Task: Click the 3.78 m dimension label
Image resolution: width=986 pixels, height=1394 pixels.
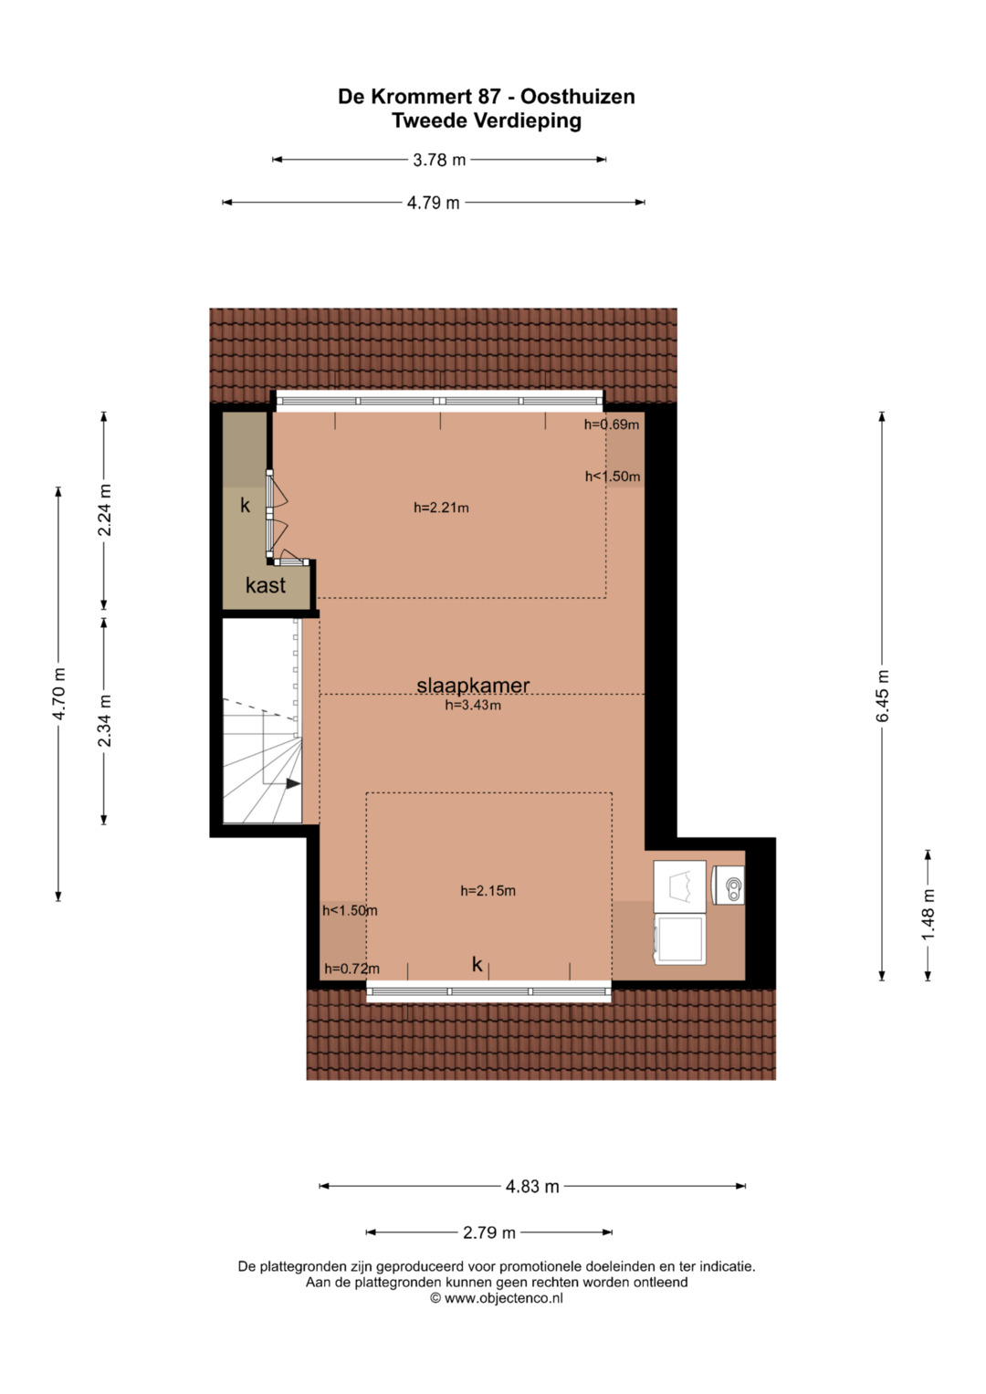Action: click(x=439, y=160)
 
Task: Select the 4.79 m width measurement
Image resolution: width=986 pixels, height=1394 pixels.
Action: click(x=434, y=203)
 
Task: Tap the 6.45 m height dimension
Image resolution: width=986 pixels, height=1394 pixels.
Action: click(x=882, y=696)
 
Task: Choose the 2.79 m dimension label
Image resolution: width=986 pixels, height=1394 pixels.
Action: click(x=489, y=1232)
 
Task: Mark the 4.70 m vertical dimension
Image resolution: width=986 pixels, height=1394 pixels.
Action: click(x=58, y=694)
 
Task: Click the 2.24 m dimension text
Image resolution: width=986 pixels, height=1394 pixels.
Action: click(x=105, y=509)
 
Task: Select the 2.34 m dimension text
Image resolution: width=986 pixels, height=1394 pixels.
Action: click(x=105, y=720)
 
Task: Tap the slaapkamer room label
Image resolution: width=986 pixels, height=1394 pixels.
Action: click(x=473, y=686)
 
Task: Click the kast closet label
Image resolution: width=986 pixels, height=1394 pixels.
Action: click(x=265, y=585)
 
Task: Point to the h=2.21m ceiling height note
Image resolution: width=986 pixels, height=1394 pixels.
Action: click(x=441, y=508)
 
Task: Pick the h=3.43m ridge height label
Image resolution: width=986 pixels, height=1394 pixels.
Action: click(x=473, y=705)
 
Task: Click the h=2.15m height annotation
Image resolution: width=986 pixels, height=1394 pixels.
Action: click(x=488, y=891)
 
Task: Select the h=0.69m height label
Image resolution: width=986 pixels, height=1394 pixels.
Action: click(x=612, y=424)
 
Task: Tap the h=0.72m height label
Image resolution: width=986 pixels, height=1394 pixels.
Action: click(x=351, y=969)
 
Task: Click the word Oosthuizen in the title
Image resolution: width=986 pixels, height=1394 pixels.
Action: click(x=578, y=97)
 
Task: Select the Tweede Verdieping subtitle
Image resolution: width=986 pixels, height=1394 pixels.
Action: click(x=487, y=121)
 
